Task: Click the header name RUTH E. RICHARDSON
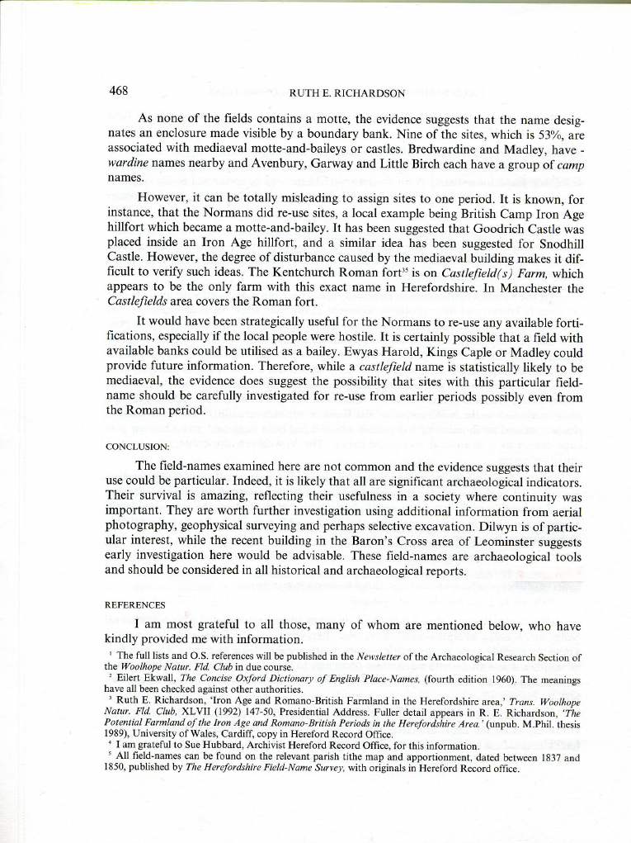346,92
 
